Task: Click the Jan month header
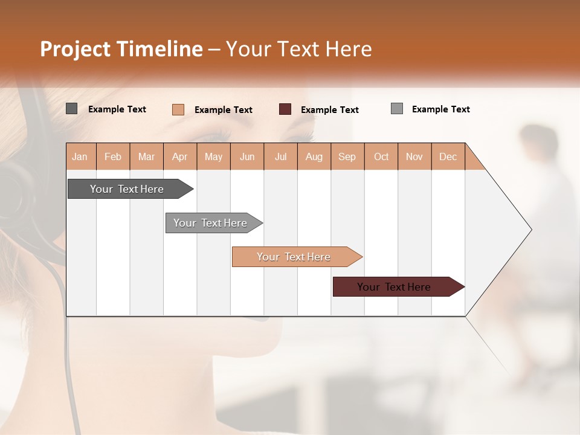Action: [x=80, y=156]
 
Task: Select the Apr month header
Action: [x=180, y=156]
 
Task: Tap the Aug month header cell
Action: [x=314, y=156]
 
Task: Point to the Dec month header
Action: [x=448, y=156]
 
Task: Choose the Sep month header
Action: [x=347, y=156]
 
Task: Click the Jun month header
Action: [x=247, y=156]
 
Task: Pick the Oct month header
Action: [x=381, y=156]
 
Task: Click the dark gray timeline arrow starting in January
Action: [x=127, y=189]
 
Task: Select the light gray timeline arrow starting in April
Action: [x=210, y=223]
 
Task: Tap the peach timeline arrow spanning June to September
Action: [x=294, y=257]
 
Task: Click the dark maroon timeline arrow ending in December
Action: [x=394, y=287]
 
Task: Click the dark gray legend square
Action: [x=72, y=109]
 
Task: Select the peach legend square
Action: [x=178, y=109]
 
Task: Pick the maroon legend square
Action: [x=285, y=109]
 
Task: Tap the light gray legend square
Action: [x=397, y=109]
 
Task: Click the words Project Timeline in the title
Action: [x=121, y=49]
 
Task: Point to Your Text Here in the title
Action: [x=299, y=49]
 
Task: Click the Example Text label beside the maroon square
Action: [x=329, y=109]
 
